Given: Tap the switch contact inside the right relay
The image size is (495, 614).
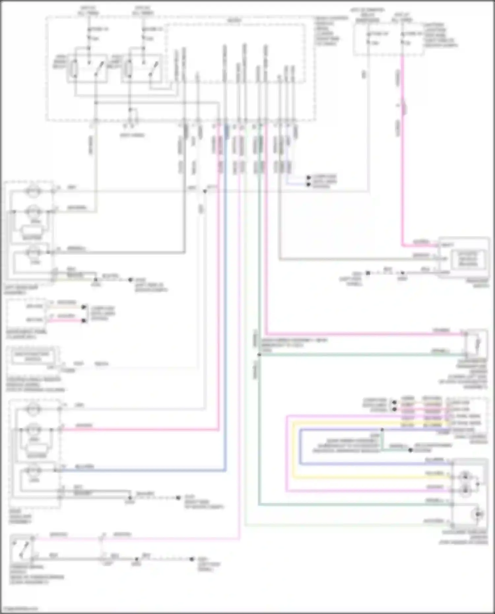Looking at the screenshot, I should pyautogui.click(x=153, y=69).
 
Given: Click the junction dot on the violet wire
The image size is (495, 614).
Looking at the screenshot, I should pyautogui.click(x=382, y=430).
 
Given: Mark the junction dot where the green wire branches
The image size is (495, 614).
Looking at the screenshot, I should pyautogui.click(x=259, y=355).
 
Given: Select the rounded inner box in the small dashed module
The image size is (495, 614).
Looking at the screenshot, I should pyautogui.click(x=32, y=357).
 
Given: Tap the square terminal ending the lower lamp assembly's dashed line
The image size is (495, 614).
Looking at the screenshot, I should pyautogui.click(x=178, y=498).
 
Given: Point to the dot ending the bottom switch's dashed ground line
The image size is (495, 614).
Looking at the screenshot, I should pyautogui.click(x=192, y=559).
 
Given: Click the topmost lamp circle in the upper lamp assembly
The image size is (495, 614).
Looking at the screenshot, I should pyautogui.click(x=32, y=192).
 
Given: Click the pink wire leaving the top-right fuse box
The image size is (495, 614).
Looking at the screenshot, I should pyautogui.click(x=402, y=148).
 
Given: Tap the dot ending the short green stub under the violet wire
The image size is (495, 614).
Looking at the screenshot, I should pyautogui.click(x=411, y=450).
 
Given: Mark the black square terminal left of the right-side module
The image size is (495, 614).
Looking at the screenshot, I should pyautogui.click(x=368, y=273).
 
